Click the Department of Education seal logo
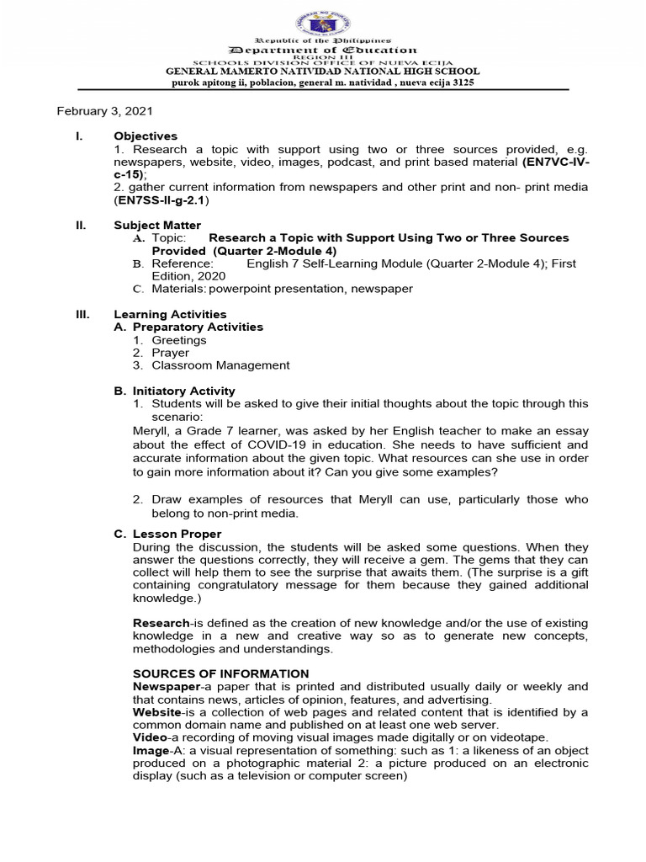323,20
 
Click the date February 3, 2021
105,111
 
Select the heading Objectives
146,136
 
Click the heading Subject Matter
157,225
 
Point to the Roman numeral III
82,314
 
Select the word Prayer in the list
170,353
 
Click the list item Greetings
178,340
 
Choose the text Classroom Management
220,365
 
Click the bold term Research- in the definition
163,623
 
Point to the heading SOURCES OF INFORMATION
220,673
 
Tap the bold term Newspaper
165,687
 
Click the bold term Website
156,712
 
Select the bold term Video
150,737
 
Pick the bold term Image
151,750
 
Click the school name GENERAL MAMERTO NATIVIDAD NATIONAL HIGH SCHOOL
323,72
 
